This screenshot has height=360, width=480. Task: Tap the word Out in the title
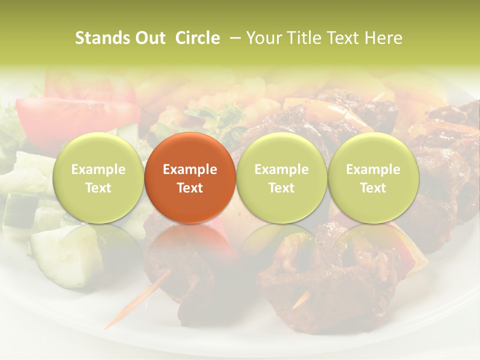coord(150,38)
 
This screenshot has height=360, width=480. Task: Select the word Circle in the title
coord(197,38)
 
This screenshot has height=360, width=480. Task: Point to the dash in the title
coord(233,38)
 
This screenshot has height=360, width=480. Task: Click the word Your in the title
coord(262,38)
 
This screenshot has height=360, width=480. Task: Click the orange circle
coord(190,177)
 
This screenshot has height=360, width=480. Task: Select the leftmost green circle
coord(98,177)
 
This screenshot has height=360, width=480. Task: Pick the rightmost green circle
coord(373,177)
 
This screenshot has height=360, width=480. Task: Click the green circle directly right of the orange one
coord(281,177)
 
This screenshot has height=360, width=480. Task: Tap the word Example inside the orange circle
coord(190,169)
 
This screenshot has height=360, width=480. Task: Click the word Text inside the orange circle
coord(190,188)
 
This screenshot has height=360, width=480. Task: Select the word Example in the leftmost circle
coord(98,169)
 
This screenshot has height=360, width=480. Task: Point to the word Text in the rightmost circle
coord(373,188)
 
